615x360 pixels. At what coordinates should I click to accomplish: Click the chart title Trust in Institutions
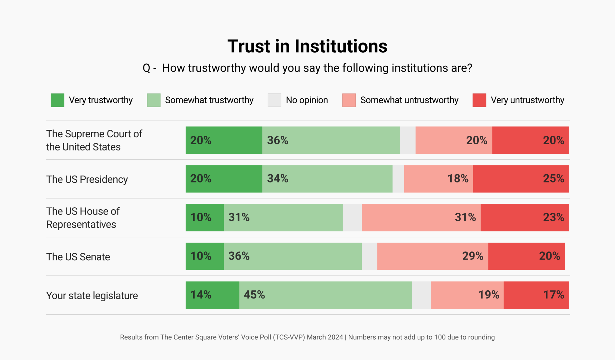coord(307,46)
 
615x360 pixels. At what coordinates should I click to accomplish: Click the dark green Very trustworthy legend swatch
coord(58,100)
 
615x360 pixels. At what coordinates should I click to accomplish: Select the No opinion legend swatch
coord(274,100)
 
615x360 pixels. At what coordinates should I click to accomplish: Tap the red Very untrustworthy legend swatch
coord(479,100)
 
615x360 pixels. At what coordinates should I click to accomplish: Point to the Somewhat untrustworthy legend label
coord(409,100)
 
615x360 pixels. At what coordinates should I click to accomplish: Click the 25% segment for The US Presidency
coord(521,179)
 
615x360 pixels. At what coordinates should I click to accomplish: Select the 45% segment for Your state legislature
coord(325,295)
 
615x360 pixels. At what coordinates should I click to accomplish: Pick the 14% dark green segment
coord(212,295)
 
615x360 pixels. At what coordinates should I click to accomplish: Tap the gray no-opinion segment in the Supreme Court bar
coord(408,140)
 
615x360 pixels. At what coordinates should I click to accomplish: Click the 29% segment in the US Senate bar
coord(432,256)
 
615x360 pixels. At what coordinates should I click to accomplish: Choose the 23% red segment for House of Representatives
coord(524,218)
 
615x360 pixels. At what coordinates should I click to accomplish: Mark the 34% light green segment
coord(327,179)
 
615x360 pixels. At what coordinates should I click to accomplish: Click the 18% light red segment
coord(438,179)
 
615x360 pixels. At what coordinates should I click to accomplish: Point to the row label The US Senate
coord(78,257)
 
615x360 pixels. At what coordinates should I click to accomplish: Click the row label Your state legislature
coord(92,296)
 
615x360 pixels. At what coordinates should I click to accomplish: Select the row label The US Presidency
coord(87,180)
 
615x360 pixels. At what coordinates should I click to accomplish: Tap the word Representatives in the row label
coord(81,225)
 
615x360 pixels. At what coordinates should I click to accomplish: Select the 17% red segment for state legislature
coord(536,295)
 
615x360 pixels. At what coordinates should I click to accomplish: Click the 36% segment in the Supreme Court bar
coord(331,140)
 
